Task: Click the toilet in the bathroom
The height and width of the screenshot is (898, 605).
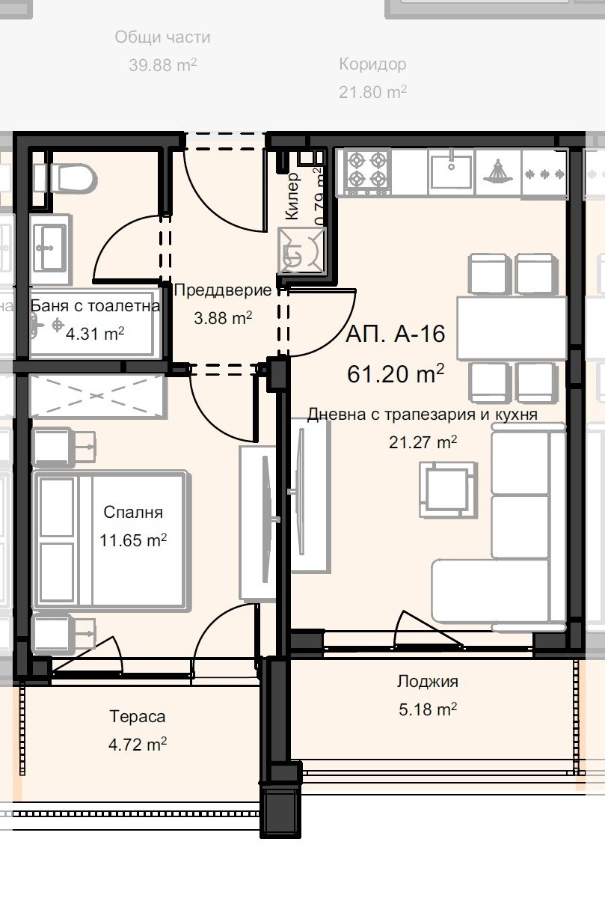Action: pos(70,178)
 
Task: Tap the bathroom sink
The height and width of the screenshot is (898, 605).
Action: pos(51,245)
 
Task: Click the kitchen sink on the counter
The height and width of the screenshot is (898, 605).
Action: pos(450,171)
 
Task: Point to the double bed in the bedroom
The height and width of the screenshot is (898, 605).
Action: pos(109,540)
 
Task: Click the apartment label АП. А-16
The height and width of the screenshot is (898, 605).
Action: pos(396,334)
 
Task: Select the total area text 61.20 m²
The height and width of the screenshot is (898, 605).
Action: pos(396,373)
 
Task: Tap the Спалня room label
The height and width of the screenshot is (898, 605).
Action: pos(133,513)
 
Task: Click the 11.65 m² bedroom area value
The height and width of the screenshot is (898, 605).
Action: pos(133,540)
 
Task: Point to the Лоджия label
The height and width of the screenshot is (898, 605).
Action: pos(428,682)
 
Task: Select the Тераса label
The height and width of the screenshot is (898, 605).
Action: pos(137,717)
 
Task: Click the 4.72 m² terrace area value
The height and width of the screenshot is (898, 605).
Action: pos(137,745)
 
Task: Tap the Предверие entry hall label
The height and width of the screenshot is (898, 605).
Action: pos(222,291)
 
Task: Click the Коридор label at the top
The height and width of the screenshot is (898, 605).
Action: pos(372,64)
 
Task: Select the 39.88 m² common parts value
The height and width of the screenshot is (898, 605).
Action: pos(162,65)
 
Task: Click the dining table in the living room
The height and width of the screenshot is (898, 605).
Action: pos(512,328)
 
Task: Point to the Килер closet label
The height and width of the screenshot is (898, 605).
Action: pos(292,196)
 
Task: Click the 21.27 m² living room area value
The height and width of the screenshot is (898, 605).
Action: pos(423,442)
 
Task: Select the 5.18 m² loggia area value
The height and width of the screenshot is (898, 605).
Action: pos(428,709)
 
